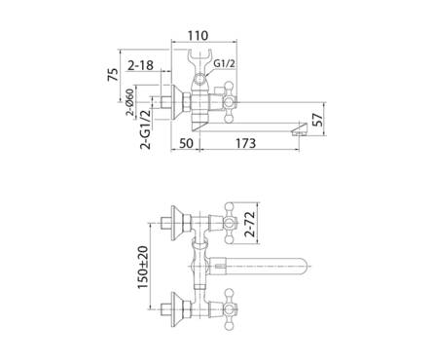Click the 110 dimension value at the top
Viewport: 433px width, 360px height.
(x=198, y=35)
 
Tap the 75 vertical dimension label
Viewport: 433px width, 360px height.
(x=113, y=75)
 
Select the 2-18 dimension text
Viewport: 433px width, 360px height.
(x=140, y=65)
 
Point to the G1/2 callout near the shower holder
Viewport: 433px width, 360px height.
(x=224, y=64)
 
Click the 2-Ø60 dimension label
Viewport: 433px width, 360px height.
(x=130, y=102)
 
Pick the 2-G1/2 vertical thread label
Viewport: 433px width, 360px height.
(x=146, y=129)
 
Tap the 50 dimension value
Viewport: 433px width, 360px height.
(x=186, y=143)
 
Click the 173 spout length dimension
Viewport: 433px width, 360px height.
(x=245, y=143)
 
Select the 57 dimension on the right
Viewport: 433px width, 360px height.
(x=317, y=120)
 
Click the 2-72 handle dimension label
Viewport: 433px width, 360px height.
(x=250, y=224)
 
